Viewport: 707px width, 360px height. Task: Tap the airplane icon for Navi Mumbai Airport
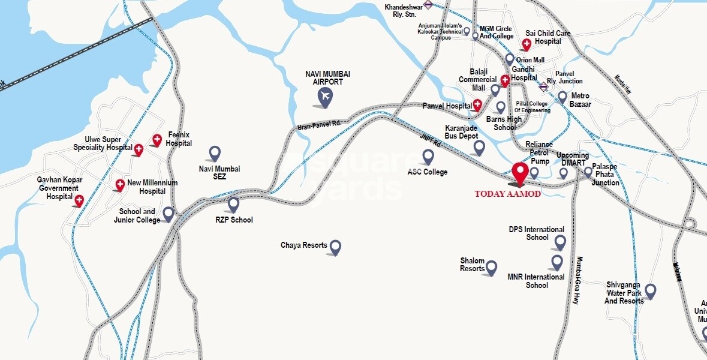coord(324,97)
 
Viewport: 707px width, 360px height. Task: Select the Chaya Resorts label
coord(304,245)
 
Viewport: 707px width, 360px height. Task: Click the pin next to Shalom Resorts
coord(491,268)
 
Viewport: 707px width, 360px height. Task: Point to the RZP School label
coord(234,220)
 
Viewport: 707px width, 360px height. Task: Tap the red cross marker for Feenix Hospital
coord(157,140)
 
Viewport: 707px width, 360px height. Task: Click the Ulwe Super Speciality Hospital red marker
coord(139,149)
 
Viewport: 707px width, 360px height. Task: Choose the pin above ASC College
coord(428,157)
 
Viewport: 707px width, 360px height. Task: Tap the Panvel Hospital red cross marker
coord(477,105)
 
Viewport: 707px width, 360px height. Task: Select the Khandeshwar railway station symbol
coord(428,5)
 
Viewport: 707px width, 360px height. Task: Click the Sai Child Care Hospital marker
coord(527,44)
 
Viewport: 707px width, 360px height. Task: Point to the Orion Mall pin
coord(510,59)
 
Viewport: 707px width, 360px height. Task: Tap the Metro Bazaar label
coord(580,100)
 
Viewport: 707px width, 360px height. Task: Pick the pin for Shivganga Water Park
coord(650,292)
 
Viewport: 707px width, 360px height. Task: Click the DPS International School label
coord(537,233)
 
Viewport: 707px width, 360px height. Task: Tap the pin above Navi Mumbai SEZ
coord(214,154)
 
